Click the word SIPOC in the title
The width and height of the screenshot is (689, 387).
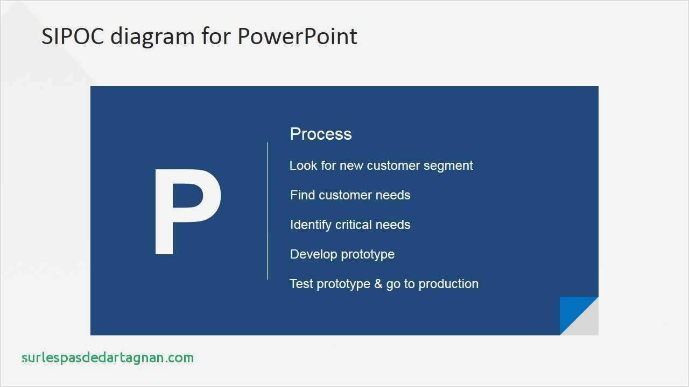click(x=72, y=37)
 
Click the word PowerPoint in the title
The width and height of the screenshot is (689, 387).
click(x=297, y=37)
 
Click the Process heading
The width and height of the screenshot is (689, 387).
click(x=320, y=134)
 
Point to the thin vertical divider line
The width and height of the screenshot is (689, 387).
click(x=268, y=211)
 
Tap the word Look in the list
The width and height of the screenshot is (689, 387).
click(x=303, y=166)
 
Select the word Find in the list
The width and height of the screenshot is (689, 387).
click(x=302, y=195)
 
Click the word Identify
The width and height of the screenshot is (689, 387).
click(x=310, y=225)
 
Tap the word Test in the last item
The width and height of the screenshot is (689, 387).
click(x=301, y=284)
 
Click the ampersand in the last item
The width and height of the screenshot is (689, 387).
click(x=378, y=284)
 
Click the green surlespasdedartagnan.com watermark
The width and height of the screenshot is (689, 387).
click(x=108, y=358)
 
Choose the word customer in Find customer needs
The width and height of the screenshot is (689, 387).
click(x=344, y=195)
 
